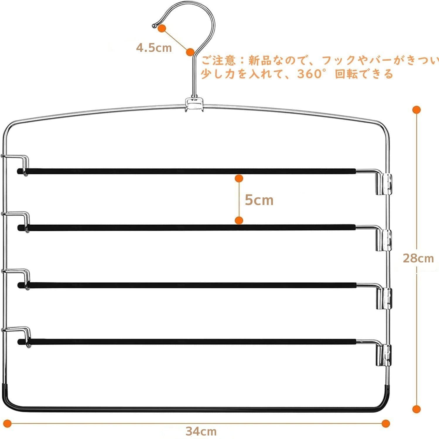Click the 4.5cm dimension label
(154, 47)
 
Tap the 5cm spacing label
(259, 200)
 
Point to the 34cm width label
(201, 431)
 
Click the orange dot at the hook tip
(162, 28)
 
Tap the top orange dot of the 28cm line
(416, 110)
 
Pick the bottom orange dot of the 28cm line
(416, 409)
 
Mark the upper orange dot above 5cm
(239, 178)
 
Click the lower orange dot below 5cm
(239, 221)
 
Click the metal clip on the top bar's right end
(383, 184)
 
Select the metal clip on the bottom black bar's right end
(383, 355)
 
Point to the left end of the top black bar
(20, 171)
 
